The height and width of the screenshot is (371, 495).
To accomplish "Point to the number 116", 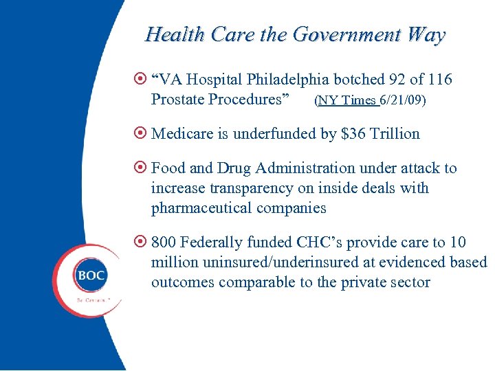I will [x=439, y=80].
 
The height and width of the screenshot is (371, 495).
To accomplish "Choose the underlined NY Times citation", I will [x=348, y=100].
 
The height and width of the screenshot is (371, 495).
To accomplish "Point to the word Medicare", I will [x=181, y=134].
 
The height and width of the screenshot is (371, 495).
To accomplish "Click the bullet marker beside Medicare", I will [x=140, y=133].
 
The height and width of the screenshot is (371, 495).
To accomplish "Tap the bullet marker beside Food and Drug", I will [x=140, y=168].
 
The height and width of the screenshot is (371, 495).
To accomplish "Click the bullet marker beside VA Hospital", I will [x=140, y=80].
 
